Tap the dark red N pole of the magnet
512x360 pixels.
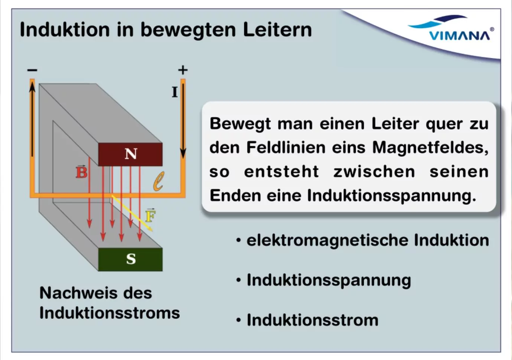click(130, 154)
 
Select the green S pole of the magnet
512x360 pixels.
click(130, 259)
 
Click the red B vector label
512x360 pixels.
click(81, 173)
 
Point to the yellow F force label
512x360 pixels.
click(150, 216)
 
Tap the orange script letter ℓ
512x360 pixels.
click(159, 181)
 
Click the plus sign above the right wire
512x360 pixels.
click(183, 70)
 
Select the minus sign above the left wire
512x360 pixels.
click(32, 70)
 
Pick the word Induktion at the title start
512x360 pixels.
click(64, 29)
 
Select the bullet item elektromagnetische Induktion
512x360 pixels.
click(367, 240)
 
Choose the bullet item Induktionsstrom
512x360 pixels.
click(312, 320)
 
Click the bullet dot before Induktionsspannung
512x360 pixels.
click(238, 280)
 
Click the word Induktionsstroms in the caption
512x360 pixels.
click(110, 313)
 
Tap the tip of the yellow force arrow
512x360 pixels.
click(153, 231)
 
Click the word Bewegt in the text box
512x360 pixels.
click(240, 124)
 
